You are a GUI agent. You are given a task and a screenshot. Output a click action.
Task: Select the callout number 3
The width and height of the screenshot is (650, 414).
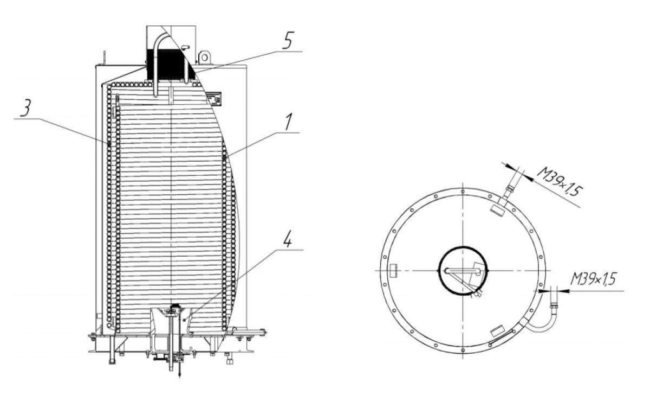(x=26, y=108)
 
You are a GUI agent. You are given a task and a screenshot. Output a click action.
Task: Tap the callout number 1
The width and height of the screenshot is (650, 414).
(x=288, y=122)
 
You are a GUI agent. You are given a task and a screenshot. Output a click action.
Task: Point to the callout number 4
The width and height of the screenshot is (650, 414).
(x=287, y=240)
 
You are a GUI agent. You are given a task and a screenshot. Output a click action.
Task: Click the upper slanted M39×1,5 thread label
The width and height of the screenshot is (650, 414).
(x=559, y=182)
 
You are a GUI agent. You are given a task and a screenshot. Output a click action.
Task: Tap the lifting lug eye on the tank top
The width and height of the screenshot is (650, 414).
(x=205, y=58)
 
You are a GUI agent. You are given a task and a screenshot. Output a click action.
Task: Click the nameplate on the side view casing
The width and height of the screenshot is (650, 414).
(x=214, y=99)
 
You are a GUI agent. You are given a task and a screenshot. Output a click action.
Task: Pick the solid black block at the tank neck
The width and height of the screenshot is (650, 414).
(x=168, y=64)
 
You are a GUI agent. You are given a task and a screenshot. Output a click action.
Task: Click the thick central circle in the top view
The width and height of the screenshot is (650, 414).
(x=463, y=247)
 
